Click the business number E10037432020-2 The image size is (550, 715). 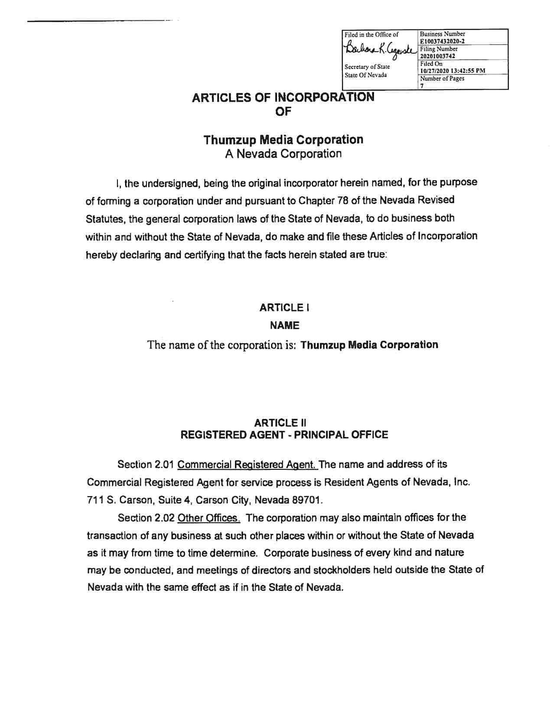tap(442, 41)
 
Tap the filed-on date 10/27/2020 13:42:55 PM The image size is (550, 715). tap(452, 71)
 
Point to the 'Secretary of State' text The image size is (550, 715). tap(367, 67)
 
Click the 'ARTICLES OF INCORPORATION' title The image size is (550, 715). tap(283, 97)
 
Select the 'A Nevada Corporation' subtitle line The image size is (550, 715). tap(283, 154)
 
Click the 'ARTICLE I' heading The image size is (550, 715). tap(284, 308)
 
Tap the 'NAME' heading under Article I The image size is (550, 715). tap(284, 325)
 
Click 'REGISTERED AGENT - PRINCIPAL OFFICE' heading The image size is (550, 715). tap(284, 435)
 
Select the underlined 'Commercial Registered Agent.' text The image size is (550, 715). tap(247, 465)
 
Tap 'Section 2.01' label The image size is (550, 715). tap(146, 465)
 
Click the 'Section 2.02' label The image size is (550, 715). tap(146, 517)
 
